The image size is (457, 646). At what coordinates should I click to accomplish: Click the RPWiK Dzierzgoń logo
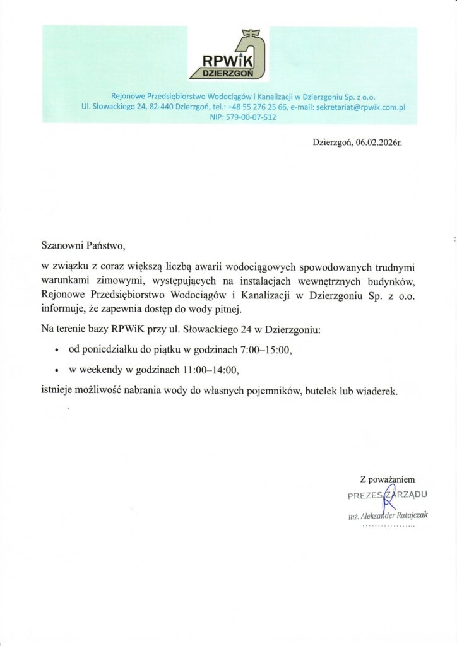coord(228,55)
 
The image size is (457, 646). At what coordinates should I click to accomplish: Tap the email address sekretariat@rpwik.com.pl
coord(360,107)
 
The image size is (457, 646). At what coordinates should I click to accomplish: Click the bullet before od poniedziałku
coord(57,349)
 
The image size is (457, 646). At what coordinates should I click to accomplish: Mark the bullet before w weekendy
coord(57,370)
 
